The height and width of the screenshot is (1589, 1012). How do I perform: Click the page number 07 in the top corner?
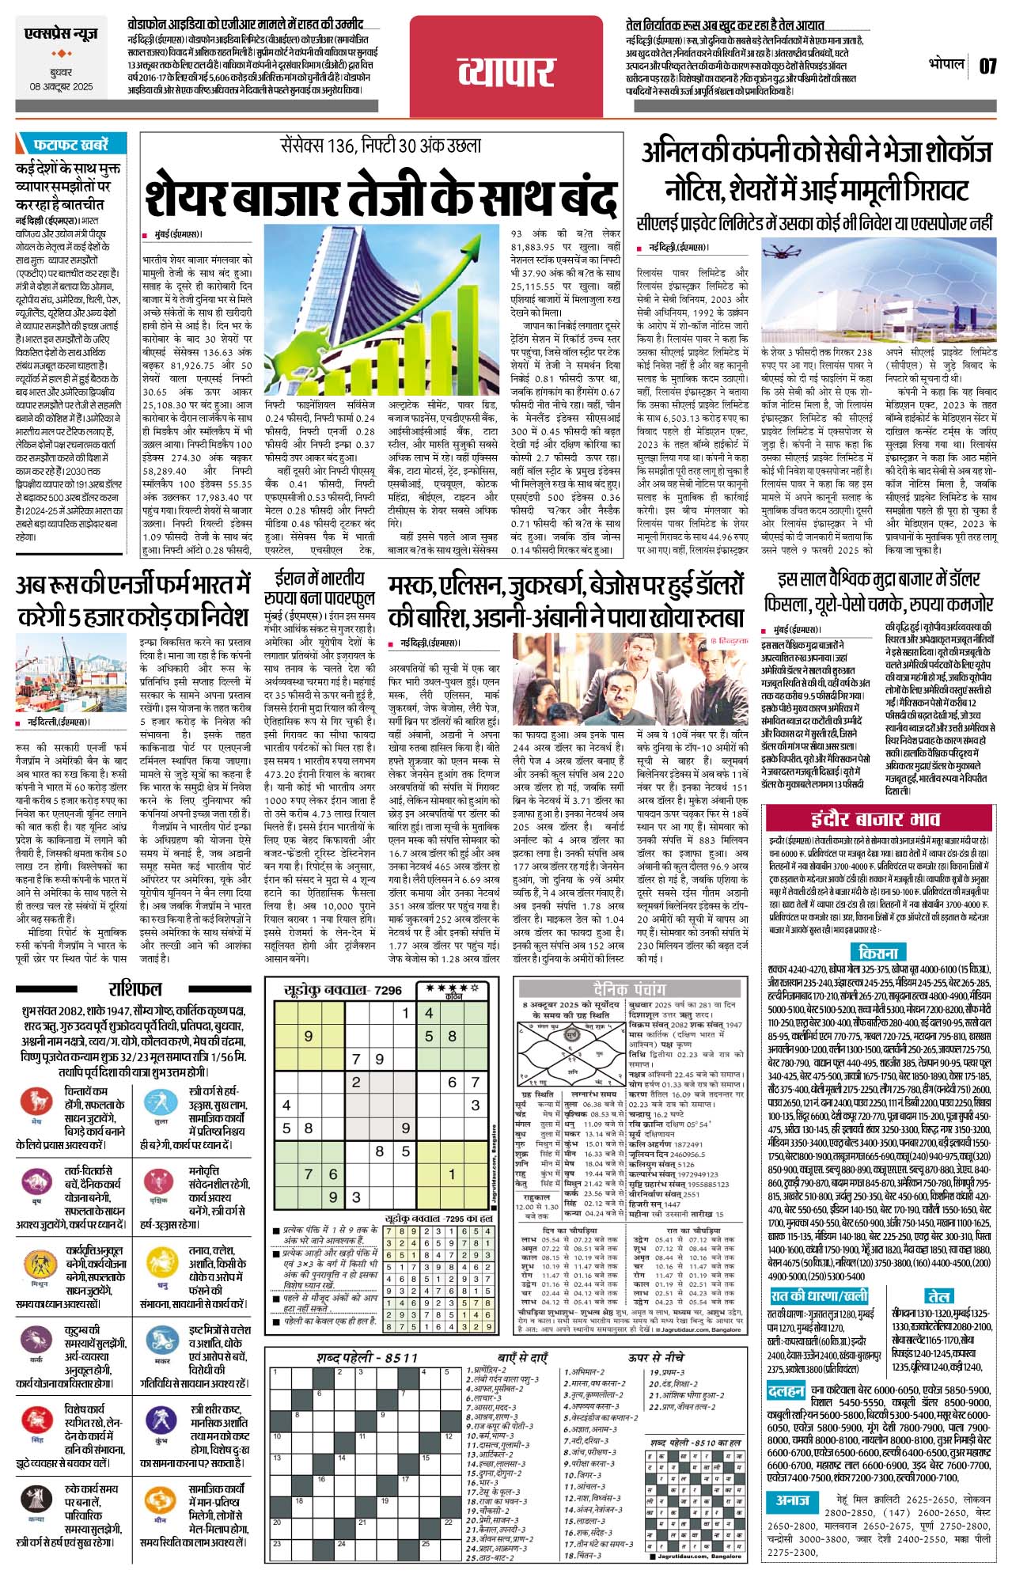click(987, 66)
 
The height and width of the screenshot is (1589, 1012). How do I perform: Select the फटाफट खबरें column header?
click(70, 145)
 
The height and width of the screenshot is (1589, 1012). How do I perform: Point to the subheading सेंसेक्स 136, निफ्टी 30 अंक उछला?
click(381, 146)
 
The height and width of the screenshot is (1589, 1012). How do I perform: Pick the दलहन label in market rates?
click(785, 1390)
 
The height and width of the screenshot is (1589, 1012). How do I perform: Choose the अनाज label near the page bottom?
click(792, 1477)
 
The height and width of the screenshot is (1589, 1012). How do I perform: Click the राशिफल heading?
click(135, 989)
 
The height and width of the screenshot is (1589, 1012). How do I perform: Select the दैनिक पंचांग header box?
click(630, 989)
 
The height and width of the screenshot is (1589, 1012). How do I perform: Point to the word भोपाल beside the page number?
click(946, 64)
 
